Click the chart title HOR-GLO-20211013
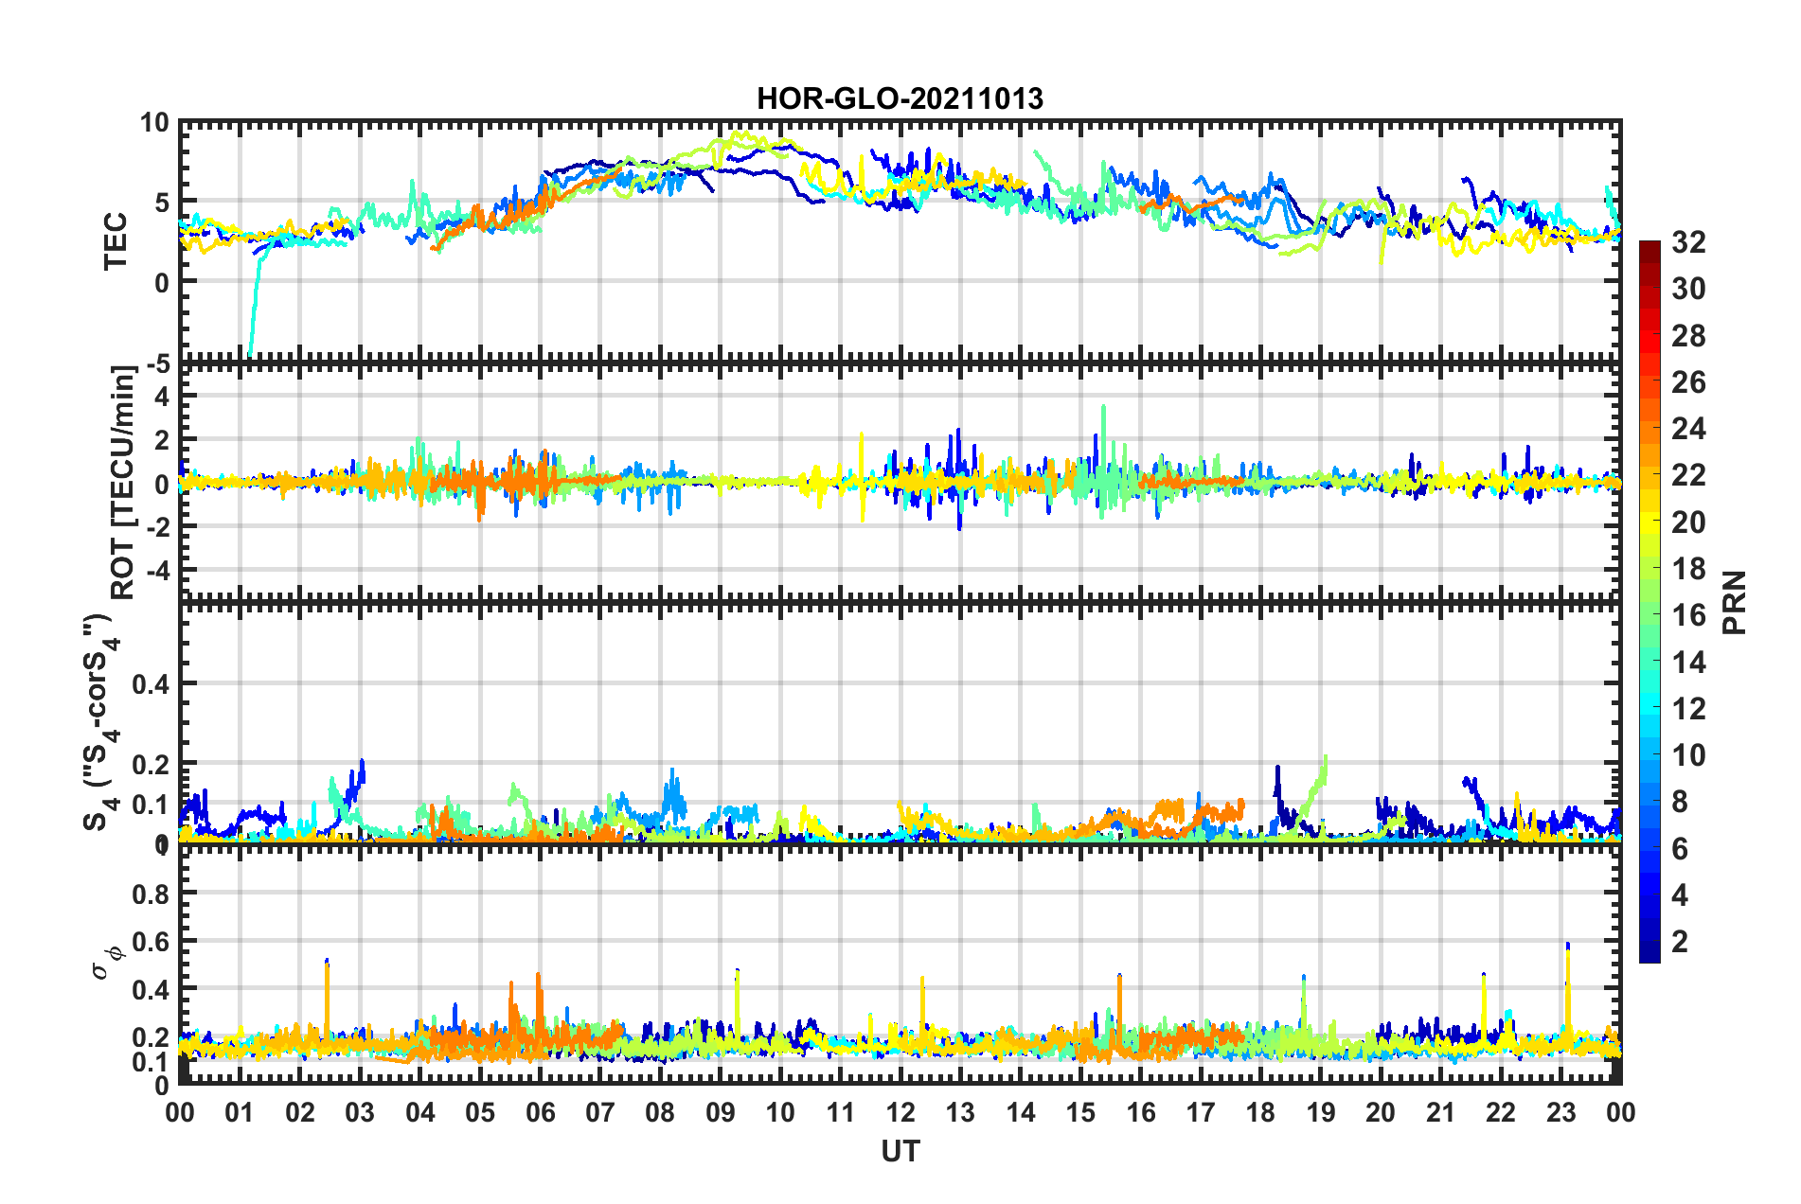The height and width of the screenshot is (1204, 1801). (900, 98)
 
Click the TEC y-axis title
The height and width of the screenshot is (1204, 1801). (115, 241)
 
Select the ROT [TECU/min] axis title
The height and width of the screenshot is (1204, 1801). (123, 482)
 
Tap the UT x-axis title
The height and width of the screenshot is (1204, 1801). (900, 1151)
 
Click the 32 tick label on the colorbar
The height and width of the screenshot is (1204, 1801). (1687, 242)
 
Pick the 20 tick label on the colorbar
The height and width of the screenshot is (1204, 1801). (1687, 522)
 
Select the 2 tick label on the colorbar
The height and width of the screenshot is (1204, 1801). (1680, 941)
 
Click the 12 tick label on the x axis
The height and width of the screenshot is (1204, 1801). (900, 1112)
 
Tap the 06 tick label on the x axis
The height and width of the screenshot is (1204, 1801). (541, 1112)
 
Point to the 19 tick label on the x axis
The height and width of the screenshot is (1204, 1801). (1321, 1112)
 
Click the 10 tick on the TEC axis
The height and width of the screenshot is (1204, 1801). (154, 123)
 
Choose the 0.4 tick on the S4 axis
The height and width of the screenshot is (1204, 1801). (150, 683)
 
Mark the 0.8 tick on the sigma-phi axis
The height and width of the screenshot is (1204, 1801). (150, 894)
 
